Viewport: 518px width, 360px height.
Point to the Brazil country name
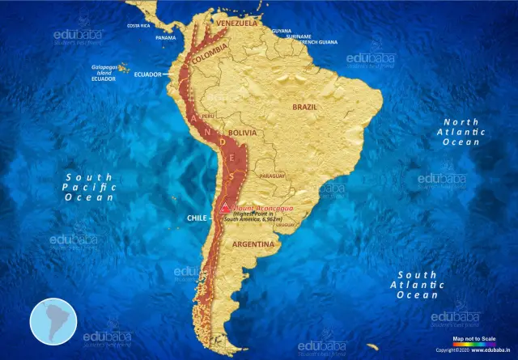click(x=306, y=106)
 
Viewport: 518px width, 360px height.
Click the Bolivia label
click(x=243, y=132)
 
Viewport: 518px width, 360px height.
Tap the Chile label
click(x=198, y=218)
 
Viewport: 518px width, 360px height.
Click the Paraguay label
click(x=273, y=176)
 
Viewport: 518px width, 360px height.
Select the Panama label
click(x=165, y=37)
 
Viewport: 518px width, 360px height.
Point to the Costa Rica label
click(x=139, y=26)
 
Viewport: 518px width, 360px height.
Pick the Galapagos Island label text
click(x=109, y=71)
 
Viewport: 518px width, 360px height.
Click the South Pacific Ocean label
click(x=90, y=186)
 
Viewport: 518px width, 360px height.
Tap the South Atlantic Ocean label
click(x=417, y=285)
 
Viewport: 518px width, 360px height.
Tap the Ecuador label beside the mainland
click(x=149, y=74)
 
